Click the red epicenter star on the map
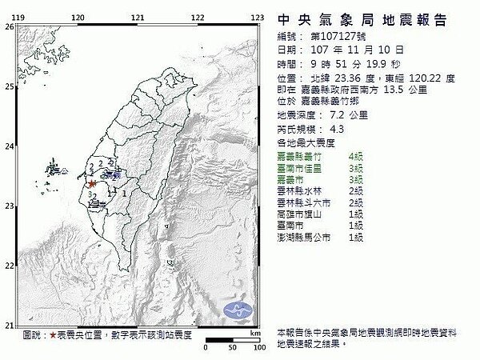pos(94,183)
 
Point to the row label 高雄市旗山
pos(298,215)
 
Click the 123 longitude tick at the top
pos(258,16)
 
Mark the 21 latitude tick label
pos(9,325)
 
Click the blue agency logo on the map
pos(238,310)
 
